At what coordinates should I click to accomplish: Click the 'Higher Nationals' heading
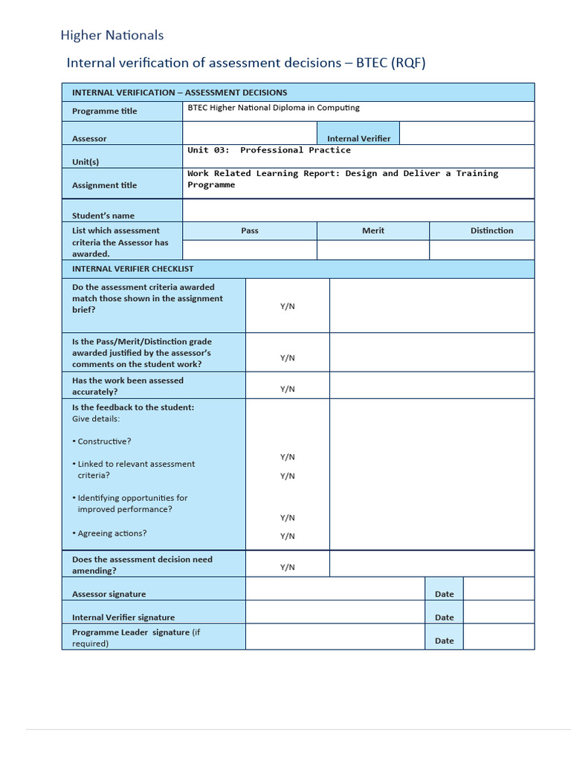112,35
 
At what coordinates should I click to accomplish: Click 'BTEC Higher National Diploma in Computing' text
273,108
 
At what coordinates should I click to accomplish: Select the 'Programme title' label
104,111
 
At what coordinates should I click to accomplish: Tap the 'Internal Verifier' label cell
358,138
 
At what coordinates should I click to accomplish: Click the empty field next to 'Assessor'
251,133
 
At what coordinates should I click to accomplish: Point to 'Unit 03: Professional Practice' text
269,150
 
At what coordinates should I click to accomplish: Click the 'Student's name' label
103,216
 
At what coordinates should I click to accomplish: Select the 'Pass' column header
250,230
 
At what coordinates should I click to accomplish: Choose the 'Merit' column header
373,230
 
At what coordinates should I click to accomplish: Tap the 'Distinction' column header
491,230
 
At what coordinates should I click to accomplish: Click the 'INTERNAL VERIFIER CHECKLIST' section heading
132,269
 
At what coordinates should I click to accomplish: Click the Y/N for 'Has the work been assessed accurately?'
288,389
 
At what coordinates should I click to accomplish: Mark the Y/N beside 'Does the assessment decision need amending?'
288,567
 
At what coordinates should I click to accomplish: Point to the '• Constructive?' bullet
102,441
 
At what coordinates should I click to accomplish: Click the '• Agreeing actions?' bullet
109,534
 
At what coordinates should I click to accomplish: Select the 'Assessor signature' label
109,594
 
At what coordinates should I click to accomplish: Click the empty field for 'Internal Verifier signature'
335,612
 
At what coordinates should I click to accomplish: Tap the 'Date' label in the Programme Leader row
444,641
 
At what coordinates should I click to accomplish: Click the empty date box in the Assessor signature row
498,589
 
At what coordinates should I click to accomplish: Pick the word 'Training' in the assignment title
477,173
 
